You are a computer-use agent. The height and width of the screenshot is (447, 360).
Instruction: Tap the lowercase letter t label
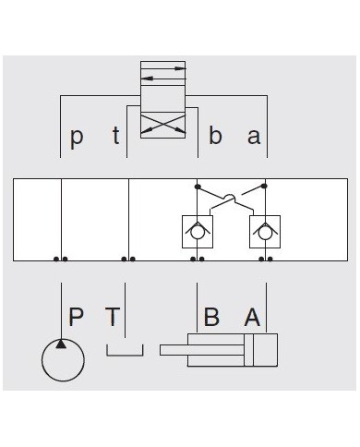point(115,137)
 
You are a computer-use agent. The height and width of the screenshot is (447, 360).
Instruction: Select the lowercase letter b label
point(215,137)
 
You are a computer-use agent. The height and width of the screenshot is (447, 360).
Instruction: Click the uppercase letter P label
point(77,317)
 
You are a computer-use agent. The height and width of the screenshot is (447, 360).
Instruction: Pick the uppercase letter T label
point(113,317)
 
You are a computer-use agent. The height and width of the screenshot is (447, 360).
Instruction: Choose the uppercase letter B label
point(211,317)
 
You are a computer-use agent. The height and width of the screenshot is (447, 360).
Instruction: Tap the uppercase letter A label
point(251,317)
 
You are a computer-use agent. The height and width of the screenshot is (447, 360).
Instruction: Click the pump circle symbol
point(63,359)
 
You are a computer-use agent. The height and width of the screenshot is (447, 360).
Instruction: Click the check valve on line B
point(196,232)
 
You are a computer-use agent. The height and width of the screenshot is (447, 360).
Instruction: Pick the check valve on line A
point(264,232)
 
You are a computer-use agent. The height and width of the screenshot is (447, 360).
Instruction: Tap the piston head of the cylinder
point(249,350)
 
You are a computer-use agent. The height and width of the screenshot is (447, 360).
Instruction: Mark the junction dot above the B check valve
point(197,187)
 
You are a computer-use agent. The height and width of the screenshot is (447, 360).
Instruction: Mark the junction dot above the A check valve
point(264,187)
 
